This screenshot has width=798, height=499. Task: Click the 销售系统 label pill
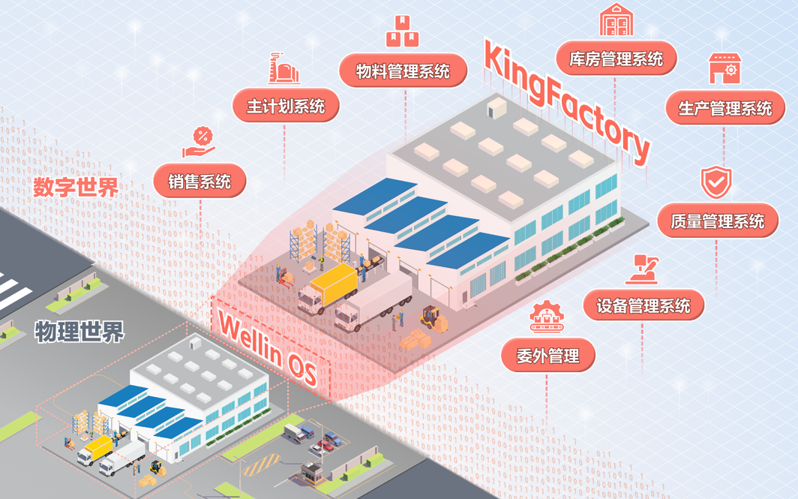[199, 181]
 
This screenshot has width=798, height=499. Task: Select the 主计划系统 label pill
[285, 106]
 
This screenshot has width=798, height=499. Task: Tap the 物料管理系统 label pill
[403, 71]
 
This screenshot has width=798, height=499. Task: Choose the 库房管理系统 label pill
[616, 59]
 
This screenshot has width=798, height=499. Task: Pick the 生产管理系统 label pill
[724, 108]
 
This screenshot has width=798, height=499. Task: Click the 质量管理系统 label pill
[717, 221]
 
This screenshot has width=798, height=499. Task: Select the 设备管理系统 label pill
[643, 305]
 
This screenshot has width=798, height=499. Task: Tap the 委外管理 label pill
[547, 356]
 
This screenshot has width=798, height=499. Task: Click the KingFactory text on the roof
[566, 102]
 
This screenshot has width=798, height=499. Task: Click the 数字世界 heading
[76, 187]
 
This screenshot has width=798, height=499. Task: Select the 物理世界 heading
[79, 331]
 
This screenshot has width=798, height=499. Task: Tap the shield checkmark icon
[716, 182]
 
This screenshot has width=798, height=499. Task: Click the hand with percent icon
[200, 143]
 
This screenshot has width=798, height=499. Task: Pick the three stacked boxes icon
[402, 32]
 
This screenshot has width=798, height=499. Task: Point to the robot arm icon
[643, 269]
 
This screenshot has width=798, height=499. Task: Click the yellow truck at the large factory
[328, 288]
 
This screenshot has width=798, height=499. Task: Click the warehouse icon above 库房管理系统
[616, 20]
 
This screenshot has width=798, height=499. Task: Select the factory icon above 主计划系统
[284, 68]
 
